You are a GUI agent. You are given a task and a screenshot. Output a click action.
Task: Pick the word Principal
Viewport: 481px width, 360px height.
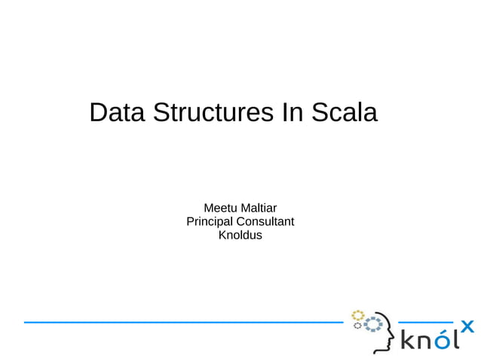(210, 221)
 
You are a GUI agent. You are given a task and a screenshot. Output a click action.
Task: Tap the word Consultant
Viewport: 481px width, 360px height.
(265, 221)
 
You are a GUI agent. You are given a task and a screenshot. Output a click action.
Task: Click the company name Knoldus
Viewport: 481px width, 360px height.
(240, 236)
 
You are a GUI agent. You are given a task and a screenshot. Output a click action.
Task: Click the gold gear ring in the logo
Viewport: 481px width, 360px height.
(357, 315)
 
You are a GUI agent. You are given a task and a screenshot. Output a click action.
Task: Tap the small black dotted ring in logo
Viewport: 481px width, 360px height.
(357, 325)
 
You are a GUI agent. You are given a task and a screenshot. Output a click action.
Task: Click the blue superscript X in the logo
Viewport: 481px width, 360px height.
(467, 325)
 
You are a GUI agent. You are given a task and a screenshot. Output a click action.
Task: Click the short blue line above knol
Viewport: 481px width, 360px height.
(425, 322)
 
